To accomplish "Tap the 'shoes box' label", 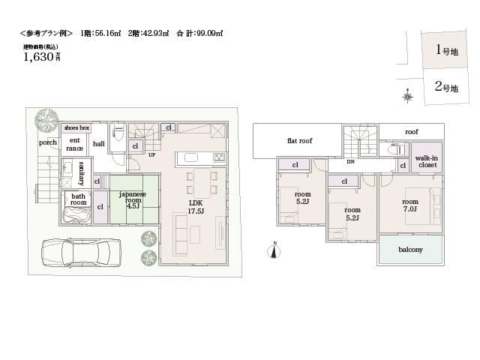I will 76,128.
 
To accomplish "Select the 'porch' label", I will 48,142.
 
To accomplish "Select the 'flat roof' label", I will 299,141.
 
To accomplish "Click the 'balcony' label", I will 410,250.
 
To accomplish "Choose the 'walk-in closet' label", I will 427,161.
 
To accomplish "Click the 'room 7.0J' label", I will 410,206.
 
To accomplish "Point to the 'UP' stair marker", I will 151,155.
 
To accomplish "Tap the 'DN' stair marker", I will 350,162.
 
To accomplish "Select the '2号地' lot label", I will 445,88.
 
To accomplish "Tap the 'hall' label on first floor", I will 98,144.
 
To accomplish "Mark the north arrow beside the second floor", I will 275,249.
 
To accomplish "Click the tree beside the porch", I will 46,118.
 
